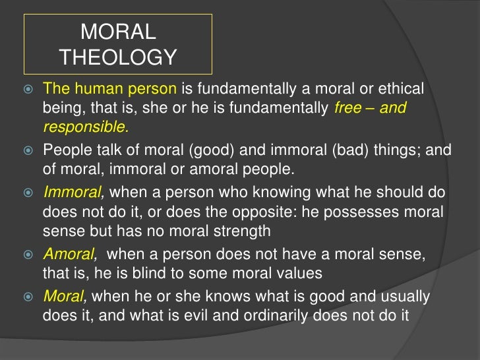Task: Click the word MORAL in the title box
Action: pos(118,32)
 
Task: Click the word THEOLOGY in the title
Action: pos(118,58)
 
